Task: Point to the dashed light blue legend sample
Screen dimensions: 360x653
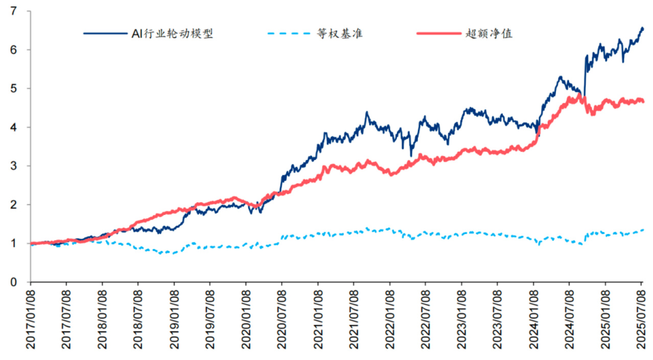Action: tap(289, 34)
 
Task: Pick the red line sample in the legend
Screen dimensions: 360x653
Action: tap(438, 34)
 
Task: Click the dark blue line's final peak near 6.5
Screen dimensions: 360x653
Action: tap(642, 29)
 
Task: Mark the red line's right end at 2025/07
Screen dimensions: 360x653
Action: tap(643, 102)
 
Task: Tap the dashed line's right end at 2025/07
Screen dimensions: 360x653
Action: tap(643, 230)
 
